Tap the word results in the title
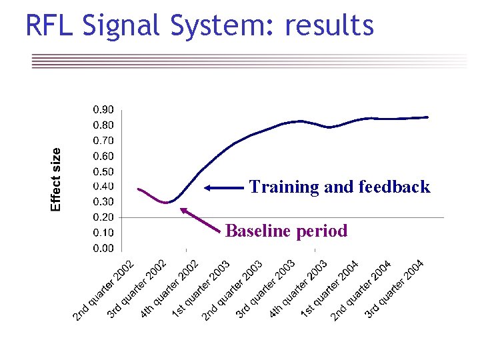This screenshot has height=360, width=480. point(329,26)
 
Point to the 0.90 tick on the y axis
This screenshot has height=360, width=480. point(103,109)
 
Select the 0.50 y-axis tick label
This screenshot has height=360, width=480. point(103,171)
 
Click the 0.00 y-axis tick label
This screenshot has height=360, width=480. point(103,249)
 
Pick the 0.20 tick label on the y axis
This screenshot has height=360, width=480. point(103,217)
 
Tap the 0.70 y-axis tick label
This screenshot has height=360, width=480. point(103,141)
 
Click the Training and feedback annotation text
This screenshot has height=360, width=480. point(339,187)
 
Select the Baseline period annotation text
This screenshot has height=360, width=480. point(286,231)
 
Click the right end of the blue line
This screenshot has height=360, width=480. point(427,117)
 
